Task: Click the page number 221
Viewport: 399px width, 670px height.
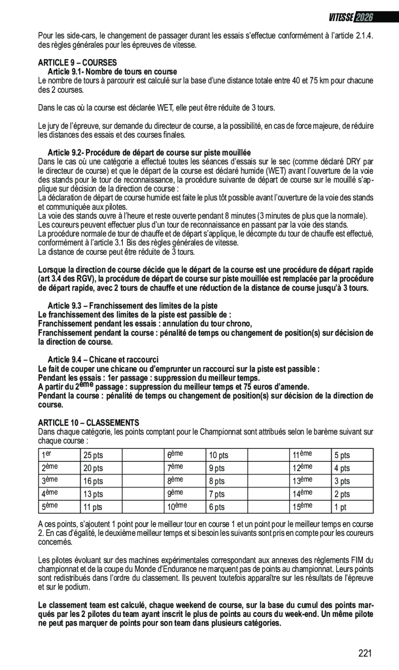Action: (x=365, y=653)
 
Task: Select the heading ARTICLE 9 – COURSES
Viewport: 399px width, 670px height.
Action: (x=77, y=63)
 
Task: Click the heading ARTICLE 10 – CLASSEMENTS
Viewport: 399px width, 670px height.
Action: (x=88, y=423)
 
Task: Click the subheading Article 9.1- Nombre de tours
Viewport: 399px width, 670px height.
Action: (x=113, y=72)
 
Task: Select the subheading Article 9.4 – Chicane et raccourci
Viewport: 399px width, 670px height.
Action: (x=103, y=359)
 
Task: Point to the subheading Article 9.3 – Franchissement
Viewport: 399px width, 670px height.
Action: (x=132, y=306)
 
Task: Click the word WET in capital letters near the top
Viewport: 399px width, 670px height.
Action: (x=171, y=108)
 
